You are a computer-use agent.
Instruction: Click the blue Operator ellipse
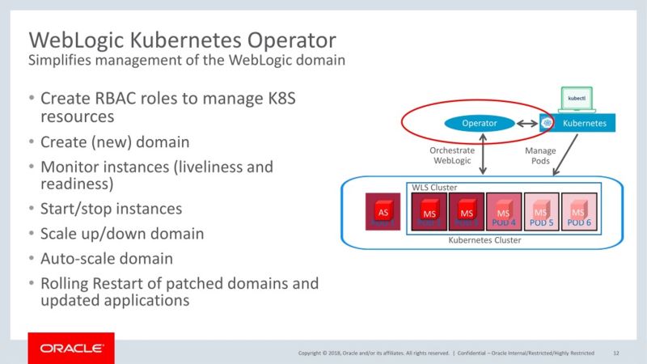(479, 124)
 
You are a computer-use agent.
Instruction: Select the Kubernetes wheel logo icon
(548, 124)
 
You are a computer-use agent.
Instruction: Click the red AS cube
(385, 213)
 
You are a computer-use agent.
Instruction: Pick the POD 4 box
(503, 214)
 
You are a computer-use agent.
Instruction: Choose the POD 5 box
(541, 214)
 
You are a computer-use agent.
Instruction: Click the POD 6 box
(579, 214)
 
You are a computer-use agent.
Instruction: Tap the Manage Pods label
(540, 155)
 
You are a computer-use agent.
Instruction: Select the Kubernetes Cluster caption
(485, 240)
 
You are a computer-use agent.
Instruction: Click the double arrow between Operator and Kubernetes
(526, 124)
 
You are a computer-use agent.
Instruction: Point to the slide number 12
(616, 353)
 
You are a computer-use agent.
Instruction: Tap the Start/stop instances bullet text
(111, 209)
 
